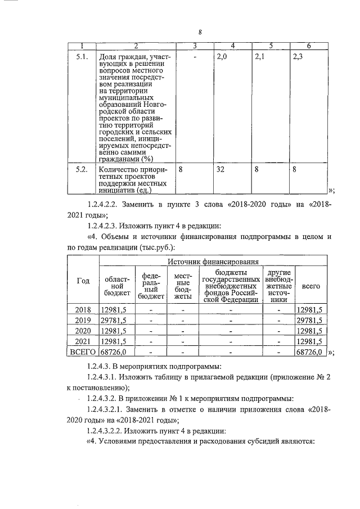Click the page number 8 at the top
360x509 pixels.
[199, 32]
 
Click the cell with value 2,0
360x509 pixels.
[222, 57]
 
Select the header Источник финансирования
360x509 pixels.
[213, 261]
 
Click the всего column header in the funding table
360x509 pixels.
[310, 286]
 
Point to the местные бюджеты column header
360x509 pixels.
[183, 286]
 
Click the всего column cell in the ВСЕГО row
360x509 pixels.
[309, 352]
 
